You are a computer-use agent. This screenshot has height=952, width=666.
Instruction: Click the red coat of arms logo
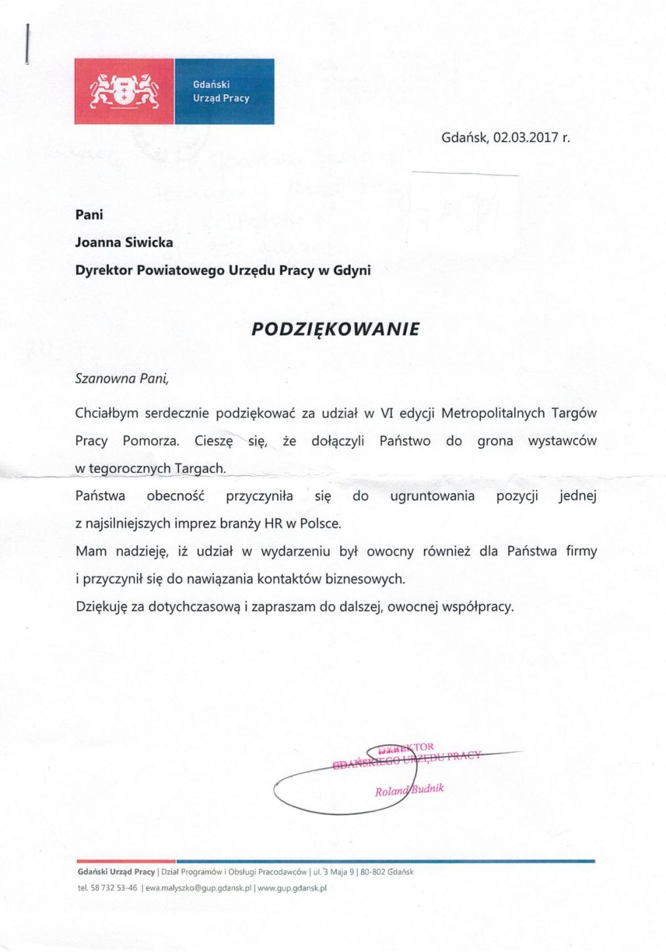click(x=124, y=91)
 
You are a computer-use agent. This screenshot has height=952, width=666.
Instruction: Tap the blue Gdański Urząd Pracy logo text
click(x=221, y=91)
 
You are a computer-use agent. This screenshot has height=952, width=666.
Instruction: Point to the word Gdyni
click(x=352, y=270)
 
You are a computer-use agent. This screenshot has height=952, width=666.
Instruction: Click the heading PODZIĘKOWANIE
click(x=335, y=329)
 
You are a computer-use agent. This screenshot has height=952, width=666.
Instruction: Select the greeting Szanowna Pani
click(x=122, y=379)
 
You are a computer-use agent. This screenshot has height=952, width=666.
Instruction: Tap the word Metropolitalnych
click(x=493, y=414)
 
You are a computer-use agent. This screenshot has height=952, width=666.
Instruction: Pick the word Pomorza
click(x=150, y=441)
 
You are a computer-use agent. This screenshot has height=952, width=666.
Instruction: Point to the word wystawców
click(x=562, y=441)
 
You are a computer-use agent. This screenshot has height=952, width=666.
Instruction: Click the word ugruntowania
click(x=432, y=496)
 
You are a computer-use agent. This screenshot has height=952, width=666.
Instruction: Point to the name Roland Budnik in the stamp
click(x=409, y=790)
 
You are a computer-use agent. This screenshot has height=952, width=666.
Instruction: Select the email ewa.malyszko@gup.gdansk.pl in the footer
click(x=198, y=888)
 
